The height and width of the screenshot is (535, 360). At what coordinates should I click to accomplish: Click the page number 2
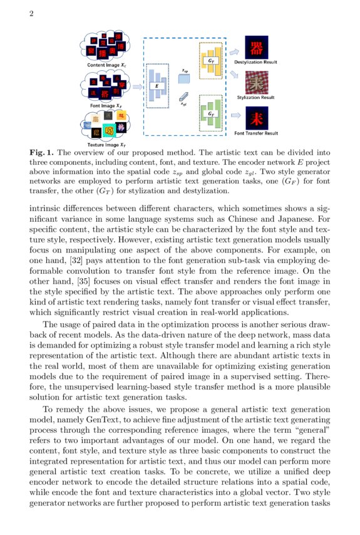click(x=31, y=14)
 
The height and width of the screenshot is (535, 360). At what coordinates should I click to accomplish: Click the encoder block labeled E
click(x=157, y=85)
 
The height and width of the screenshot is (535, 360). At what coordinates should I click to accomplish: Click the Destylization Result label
click(x=256, y=63)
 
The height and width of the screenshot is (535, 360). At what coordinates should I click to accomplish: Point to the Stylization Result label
click(x=255, y=98)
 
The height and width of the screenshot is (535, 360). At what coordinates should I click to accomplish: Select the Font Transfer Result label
click(x=256, y=133)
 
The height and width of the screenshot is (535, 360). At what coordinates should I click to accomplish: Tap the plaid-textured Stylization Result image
click(x=256, y=83)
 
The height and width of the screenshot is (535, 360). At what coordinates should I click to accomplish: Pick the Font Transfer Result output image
click(x=256, y=118)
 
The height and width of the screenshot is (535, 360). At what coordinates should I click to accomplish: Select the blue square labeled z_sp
click(x=183, y=79)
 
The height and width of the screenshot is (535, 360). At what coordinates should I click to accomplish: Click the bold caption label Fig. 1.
click(x=41, y=153)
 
